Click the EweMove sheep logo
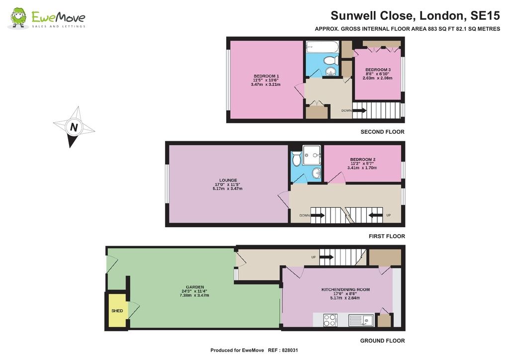[x=19, y=18]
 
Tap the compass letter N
[x=74, y=127]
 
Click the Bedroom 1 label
[x=266, y=76]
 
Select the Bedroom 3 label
[x=378, y=70]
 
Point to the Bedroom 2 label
[x=362, y=160]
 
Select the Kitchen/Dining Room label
[x=345, y=289]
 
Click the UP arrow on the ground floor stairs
[x=326, y=257]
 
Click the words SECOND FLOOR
[x=382, y=132]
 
